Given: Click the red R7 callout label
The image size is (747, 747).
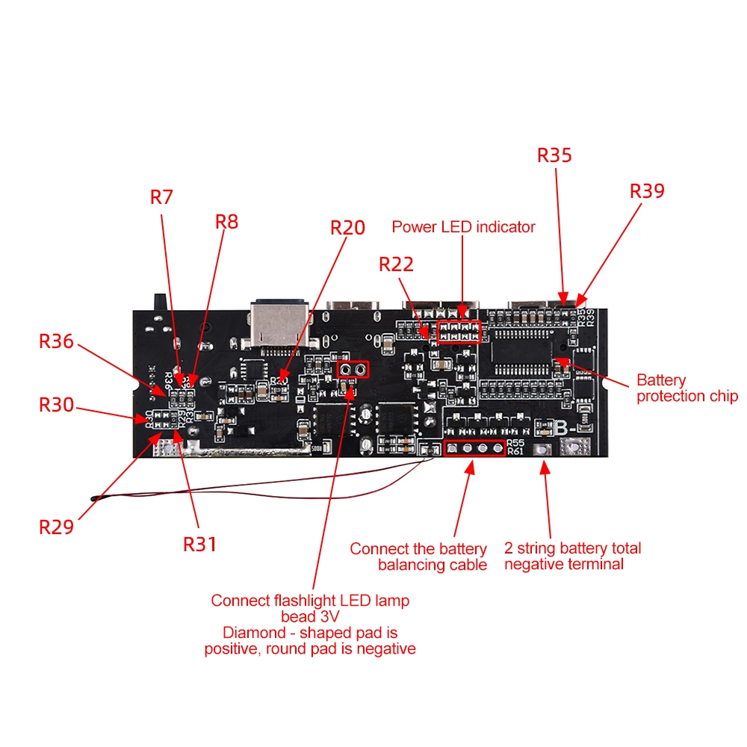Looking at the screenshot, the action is [161, 197].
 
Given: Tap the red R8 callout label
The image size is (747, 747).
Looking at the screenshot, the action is [227, 222].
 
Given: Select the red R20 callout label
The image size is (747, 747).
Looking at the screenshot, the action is [348, 228].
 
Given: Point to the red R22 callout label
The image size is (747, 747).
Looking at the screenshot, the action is [396, 264].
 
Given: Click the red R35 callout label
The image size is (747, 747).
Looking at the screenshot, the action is [554, 155].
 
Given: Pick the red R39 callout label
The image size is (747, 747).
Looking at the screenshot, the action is [647, 191].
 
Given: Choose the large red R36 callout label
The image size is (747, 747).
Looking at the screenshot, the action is [56, 341].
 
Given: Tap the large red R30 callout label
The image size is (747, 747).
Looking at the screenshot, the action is [56, 405].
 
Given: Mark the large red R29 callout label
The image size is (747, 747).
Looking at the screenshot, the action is [56, 527].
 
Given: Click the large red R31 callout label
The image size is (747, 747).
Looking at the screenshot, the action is [199, 545].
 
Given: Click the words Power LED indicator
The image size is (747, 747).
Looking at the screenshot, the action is [463, 227].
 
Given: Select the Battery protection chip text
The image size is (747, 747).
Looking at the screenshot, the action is [686, 388].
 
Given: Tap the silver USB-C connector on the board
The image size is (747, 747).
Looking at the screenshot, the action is [279, 324].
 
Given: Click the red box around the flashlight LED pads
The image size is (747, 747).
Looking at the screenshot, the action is [353, 362].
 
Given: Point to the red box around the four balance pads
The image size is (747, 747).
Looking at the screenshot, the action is [474, 441].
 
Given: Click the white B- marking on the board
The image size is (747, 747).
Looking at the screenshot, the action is [564, 428].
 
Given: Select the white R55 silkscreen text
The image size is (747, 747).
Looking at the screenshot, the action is [515, 443].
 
